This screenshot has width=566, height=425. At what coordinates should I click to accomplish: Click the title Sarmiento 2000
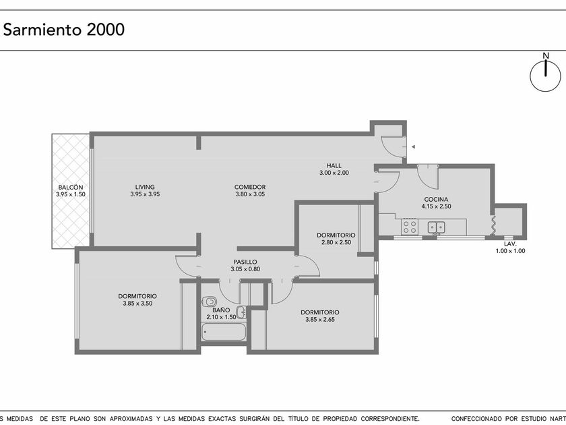(x=64, y=29)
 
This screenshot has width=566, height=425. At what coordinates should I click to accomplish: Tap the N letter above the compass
(x=546, y=56)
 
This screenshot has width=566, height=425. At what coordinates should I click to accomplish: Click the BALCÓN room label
(x=71, y=188)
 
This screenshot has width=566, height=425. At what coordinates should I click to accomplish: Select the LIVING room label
(x=145, y=187)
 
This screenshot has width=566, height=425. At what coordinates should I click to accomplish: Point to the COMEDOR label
(x=250, y=187)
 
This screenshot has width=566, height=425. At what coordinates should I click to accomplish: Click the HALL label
(x=334, y=165)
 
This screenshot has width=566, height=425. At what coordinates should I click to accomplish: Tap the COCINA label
(x=436, y=199)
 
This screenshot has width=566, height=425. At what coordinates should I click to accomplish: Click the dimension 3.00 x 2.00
(x=334, y=173)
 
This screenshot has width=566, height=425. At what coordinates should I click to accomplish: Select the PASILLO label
(x=245, y=262)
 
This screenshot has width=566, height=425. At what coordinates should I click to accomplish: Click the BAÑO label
(x=221, y=310)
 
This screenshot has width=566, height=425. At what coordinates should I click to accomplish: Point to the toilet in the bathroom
(x=209, y=301)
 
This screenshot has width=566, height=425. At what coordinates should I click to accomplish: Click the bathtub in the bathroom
(x=224, y=332)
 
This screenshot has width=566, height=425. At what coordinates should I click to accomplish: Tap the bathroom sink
(x=241, y=312)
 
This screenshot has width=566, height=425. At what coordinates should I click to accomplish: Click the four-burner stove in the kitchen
(x=410, y=227)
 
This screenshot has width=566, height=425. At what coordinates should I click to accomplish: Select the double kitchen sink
(x=437, y=227)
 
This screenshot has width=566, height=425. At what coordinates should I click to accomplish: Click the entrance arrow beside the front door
(x=413, y=147)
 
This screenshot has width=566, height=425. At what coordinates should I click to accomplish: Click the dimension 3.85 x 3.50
(x=137, y=304)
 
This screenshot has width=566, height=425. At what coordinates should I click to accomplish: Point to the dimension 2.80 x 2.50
(x=336, y=242)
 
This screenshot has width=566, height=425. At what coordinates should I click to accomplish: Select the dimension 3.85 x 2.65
(x=320, y=320)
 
